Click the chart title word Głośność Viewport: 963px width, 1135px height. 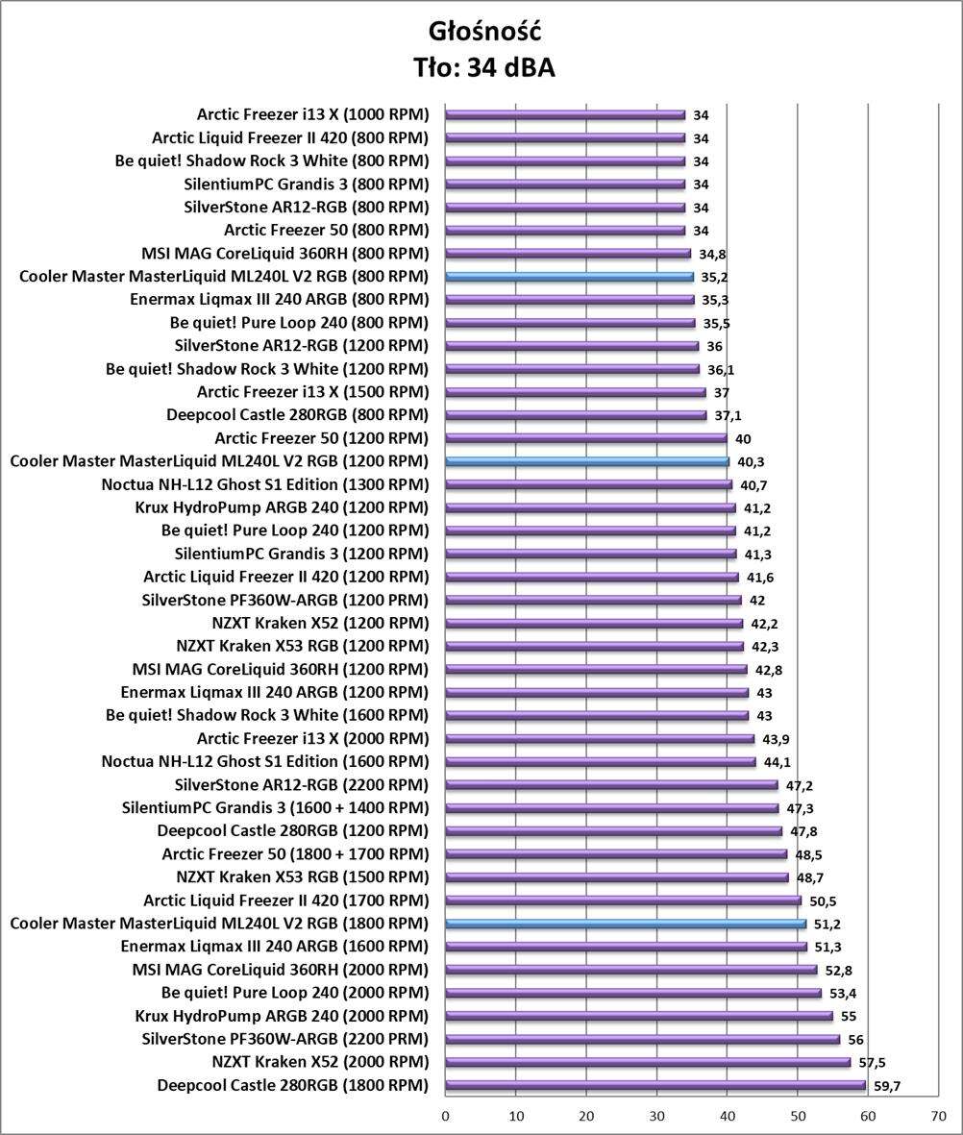pos(484,32)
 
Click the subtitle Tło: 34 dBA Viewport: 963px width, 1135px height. pos(484,67)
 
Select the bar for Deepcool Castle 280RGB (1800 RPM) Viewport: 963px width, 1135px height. pos(654,1085)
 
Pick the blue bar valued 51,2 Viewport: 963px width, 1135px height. pos(626,924)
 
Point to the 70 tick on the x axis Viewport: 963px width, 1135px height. pos(938,1117)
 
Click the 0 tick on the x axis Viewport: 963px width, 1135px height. pos(445,1117)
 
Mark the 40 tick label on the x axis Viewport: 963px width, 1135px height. pos(727,1117)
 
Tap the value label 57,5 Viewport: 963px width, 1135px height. pos(872,1063)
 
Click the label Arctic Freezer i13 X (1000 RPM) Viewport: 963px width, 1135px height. pos(312,114)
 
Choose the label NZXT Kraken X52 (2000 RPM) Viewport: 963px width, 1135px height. pos(320,1062)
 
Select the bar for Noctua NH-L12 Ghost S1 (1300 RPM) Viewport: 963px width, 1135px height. pos(588,484)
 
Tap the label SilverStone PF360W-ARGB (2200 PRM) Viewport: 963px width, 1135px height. pos(285,1038)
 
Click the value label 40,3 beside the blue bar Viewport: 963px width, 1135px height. pos(750,462)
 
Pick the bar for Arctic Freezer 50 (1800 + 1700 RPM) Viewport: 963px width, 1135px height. pos(616,854)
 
